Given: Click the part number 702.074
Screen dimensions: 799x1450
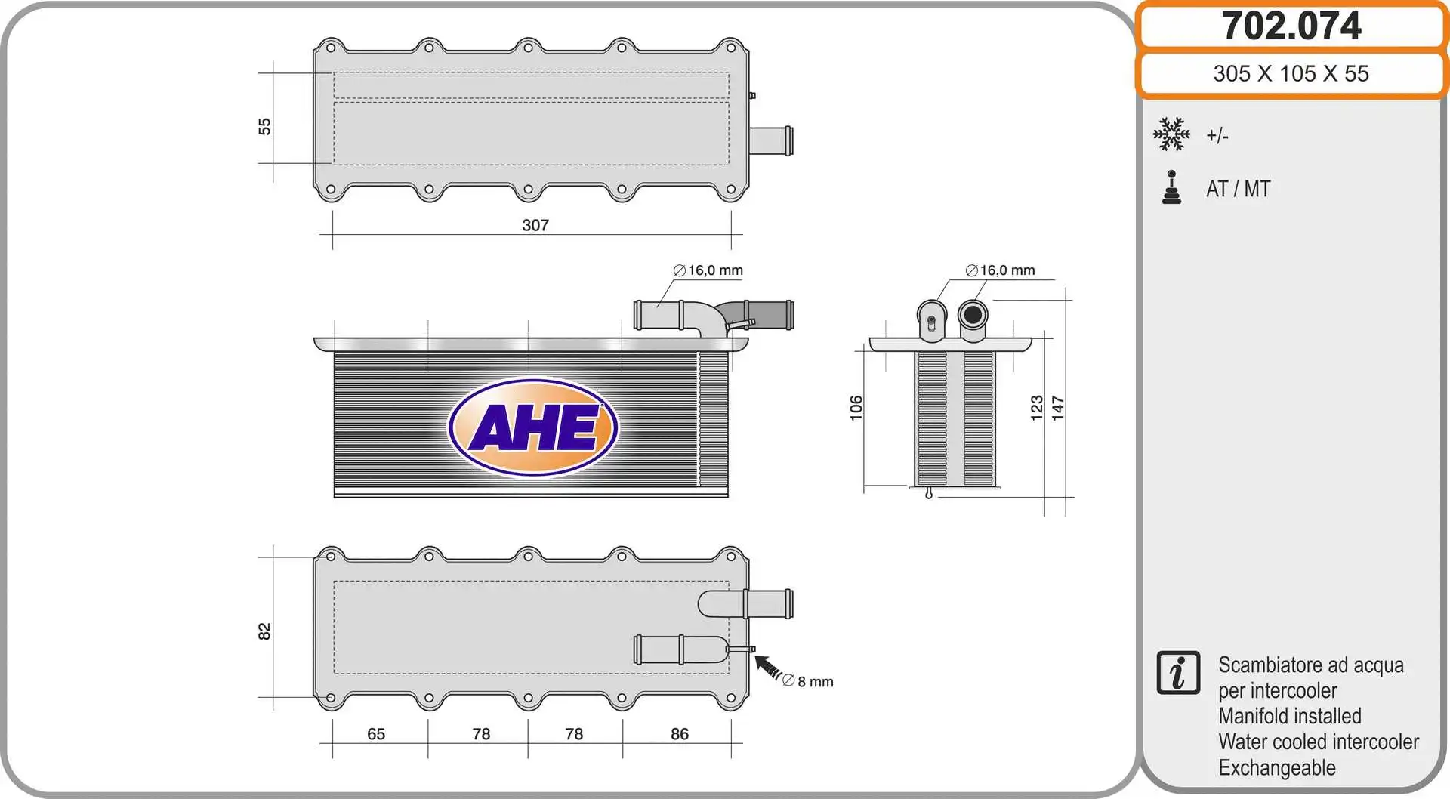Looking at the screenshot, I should [x=1291, y=26].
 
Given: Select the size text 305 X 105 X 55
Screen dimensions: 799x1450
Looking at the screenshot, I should [x=1291, y=73].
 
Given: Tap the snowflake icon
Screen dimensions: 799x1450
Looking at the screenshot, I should [x=1171, y=134].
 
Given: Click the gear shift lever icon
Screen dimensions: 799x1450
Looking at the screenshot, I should [x=1171, y=187].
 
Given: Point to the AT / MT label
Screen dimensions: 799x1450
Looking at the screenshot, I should [x=1238, y=189].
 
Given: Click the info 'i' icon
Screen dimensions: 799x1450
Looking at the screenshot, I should [x=1177, y=672].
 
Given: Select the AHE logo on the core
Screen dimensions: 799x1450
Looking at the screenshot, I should [x=533, y=427].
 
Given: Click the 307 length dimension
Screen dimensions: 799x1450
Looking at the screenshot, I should [x=535, y=225].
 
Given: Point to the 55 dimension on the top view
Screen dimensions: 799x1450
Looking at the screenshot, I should [x=264, y=126].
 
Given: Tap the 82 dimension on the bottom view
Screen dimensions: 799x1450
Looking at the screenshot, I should [x=264, y=631].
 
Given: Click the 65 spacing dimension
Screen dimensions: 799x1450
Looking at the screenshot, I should [x=376, y=734].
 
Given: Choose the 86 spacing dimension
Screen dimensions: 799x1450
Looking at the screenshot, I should [x=679, y=734].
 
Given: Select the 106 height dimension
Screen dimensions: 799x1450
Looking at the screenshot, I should [x=856, y=408].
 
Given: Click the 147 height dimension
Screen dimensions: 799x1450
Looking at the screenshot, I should [x=1058, y=408].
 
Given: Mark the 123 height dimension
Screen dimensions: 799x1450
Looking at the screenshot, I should [x=1037, y=408].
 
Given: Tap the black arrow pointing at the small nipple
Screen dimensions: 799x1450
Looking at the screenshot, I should [x=768, y=668].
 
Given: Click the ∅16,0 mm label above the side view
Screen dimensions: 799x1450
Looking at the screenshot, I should [x=1000, y=270].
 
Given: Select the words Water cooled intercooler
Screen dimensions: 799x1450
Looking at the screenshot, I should [x=1318, y=742].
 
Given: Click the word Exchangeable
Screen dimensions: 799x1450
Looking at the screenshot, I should [x=1276, y=768].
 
